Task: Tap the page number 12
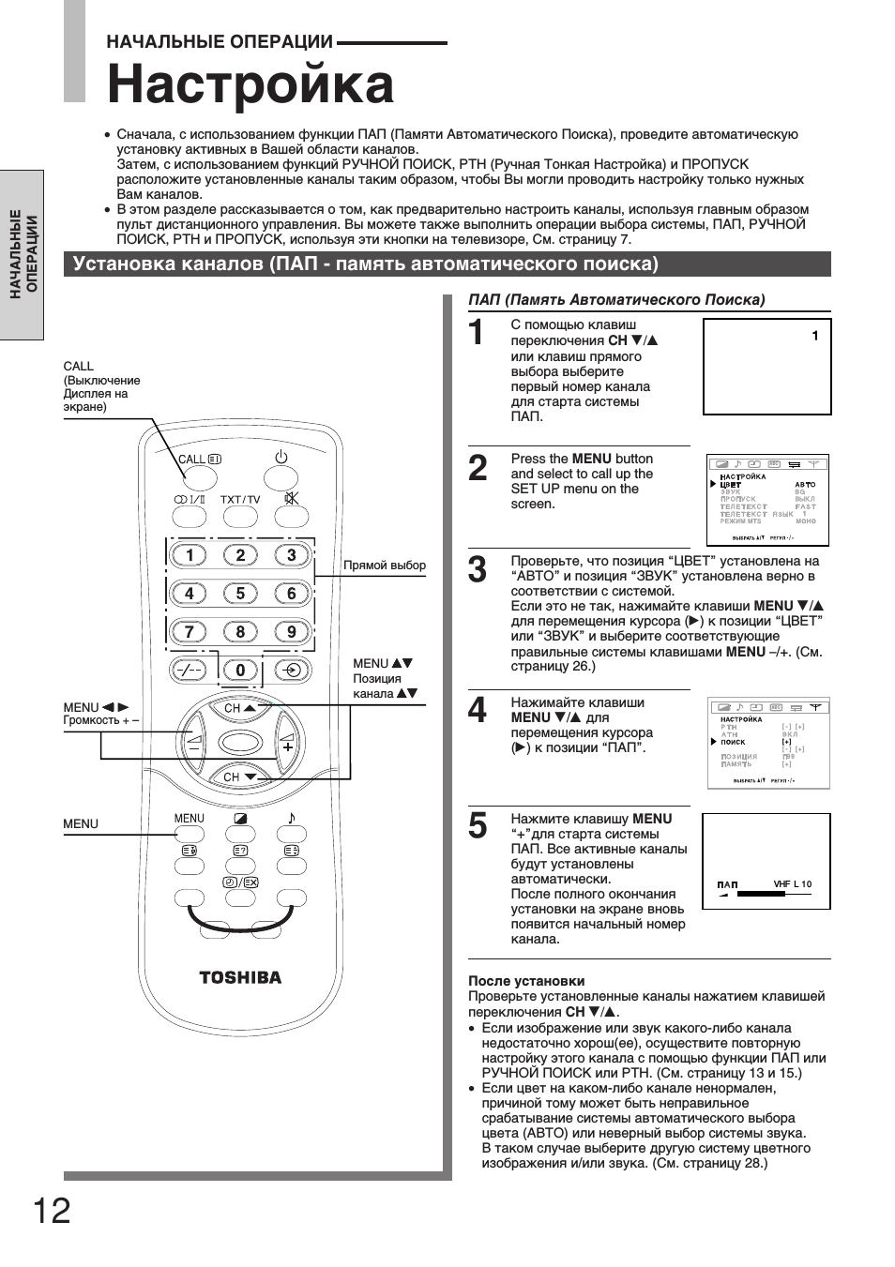point(52,1211)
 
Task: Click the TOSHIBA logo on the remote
point(240,977)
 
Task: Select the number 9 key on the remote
point(292,632)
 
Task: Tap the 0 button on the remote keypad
point(240,670)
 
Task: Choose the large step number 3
point(478,570)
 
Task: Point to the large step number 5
point(478,826)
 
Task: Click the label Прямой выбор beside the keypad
point(385,566)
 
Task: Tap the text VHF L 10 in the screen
point(793,884)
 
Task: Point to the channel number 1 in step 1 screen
point(815,336)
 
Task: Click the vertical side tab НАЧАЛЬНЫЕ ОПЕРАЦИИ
point(23,254)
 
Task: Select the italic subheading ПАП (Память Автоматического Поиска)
point(616,300)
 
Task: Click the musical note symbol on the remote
point(292,818)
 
